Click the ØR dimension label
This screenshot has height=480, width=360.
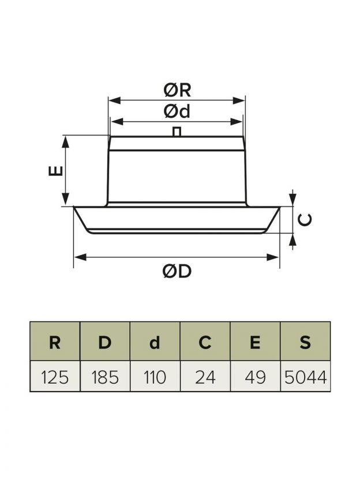pos(177,90)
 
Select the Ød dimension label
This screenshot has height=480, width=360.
pos(177,111)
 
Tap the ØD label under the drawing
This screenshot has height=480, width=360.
pos(177,271)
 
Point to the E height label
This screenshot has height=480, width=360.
pos(56,171)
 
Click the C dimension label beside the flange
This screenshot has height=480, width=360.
pos(305,220)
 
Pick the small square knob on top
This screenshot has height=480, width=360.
pos(177,132)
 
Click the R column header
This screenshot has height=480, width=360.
pos(55,343)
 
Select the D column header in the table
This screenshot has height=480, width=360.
pos(105,343)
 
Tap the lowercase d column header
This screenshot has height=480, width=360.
pos(155,343)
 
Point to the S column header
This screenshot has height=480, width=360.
pos(305,343)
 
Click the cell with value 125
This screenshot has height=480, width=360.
pos(55,377)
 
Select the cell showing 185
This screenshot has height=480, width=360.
pos(105,377)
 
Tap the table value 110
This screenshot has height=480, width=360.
pos(155,377)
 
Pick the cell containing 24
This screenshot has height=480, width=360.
pos(205,377)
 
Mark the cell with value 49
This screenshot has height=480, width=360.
pos(255,377)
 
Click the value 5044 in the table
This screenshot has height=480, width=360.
pos(306,377)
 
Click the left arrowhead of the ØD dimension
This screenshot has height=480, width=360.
pos(80,257)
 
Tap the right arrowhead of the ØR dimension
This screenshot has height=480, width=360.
pos(239,100)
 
